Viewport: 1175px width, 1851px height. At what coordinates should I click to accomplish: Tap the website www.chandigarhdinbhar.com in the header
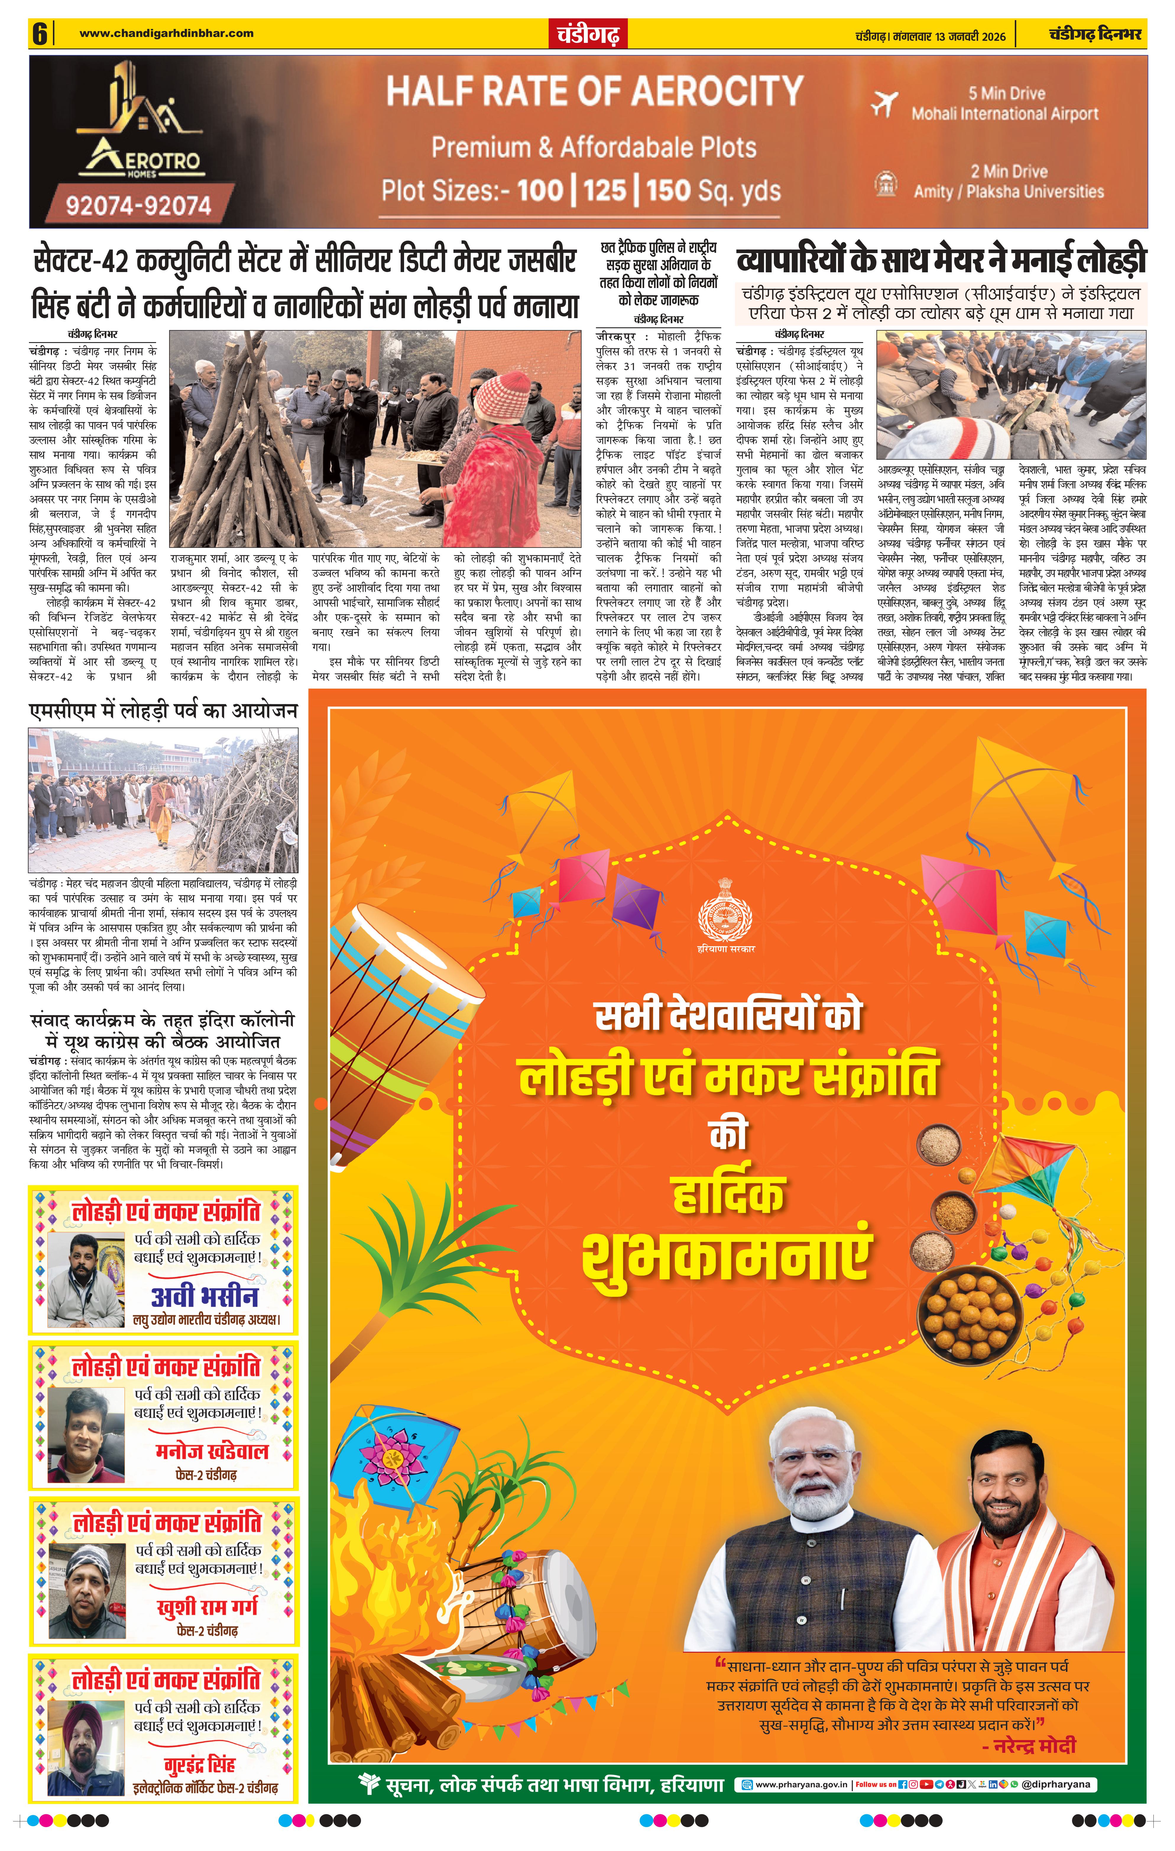[x=166, y=33]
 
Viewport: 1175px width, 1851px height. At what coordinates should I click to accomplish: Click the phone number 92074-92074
[x=138, y=206]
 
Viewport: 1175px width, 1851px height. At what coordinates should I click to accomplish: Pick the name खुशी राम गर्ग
[x=208, y=1607]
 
